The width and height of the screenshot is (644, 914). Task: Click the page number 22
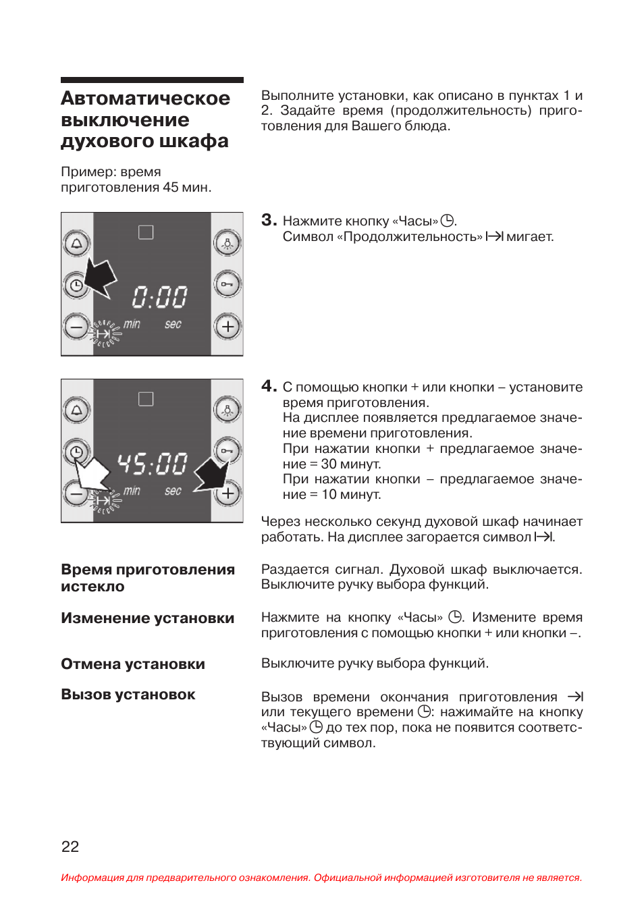pyautogui.click(x=70, y=846)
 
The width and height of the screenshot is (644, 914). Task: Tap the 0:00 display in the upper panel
pyautogui.click(x=159, y=297)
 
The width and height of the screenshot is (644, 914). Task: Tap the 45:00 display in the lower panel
pyautogui.click(x=152, y=464)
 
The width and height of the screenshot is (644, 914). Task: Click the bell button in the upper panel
pyautogui.click(x=76, y=244)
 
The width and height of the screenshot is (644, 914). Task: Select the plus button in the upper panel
pyautogui.click(x=227, y=327)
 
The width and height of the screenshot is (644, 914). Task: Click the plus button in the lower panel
pyautogui.click(x=227, y=493)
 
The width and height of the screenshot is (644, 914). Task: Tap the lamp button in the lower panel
pyautogui.click(x=227, y=410)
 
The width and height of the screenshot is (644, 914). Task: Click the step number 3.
pyautogui.click(x=269, y=220)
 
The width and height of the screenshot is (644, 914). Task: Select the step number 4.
pyautogui.click(x=269, y=386)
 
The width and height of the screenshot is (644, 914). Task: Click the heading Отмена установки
pyautogui.click(x=133, y=664)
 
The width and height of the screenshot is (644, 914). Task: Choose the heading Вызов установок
pyautogui.click(x=128, y=695)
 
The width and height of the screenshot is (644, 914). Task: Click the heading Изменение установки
pyautogui.click(x=147, y=618)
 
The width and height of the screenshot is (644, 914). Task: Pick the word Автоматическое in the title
pyautogui.click(x=145, y=99)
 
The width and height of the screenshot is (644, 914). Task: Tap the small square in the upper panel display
pyautogui.click(x=146, y=232)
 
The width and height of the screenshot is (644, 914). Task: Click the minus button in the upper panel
pyautogui.click(x=76, y=327)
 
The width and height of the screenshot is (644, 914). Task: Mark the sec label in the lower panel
pyautogui.click(x=173, y=491)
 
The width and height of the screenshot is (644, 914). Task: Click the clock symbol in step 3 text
pyautogui.click(x=448, y=221)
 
